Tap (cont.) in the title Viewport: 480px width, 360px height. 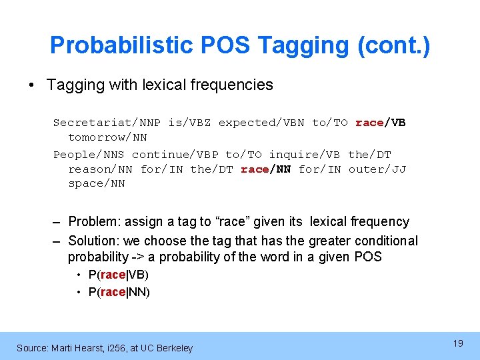pos(394,45)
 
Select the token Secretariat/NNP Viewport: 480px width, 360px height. pos(107,123)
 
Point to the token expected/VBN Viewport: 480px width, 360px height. pos(261,123)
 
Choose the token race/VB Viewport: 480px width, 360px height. pos(381,123)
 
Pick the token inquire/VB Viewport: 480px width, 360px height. pos(304,155)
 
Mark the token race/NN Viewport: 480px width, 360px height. pos(265,169)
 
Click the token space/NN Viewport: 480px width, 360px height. pos(96,183)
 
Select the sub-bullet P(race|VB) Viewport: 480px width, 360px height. pos(118,275)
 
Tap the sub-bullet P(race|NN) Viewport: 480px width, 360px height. pos(119,292)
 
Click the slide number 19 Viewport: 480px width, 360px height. pos(458,343)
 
